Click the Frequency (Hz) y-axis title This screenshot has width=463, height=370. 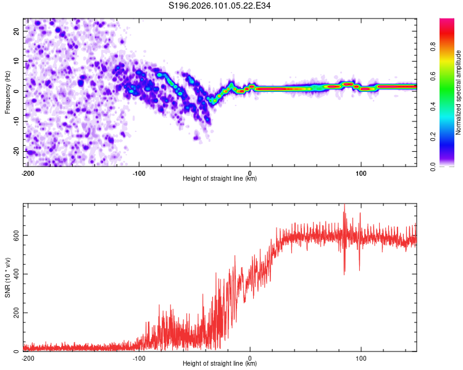click(7, 91)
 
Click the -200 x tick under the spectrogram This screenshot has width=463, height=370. click(28, 173)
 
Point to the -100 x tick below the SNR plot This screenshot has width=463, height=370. click(139, 358)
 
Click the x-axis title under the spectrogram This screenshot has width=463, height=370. click(220, 179)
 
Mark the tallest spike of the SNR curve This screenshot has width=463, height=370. click(344, 206)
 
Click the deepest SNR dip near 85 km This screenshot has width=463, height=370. click(344, 273)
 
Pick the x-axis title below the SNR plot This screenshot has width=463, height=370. click(220, 364)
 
